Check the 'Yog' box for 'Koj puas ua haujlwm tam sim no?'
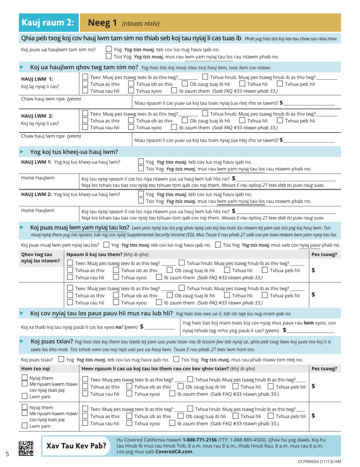tap(108, 49)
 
